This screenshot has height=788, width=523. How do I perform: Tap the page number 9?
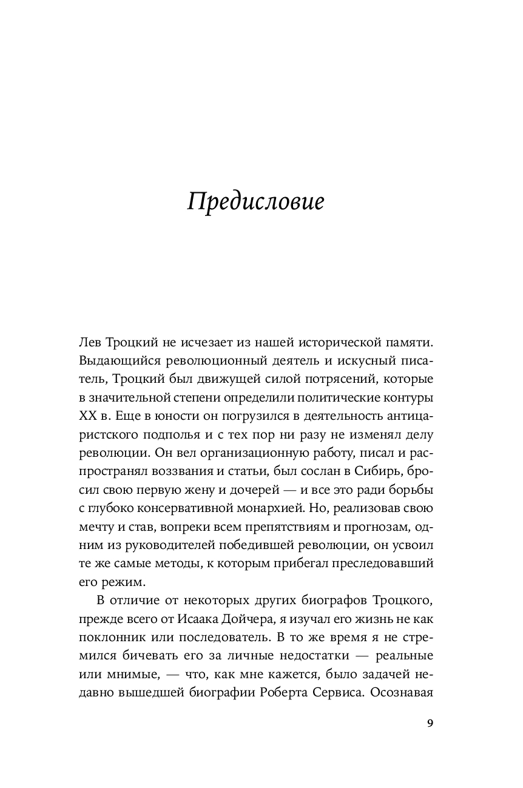[x=430, y=722]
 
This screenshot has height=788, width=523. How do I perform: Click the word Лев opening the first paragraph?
[x=89, y=343]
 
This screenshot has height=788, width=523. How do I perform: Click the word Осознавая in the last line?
[x=402, y=690]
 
